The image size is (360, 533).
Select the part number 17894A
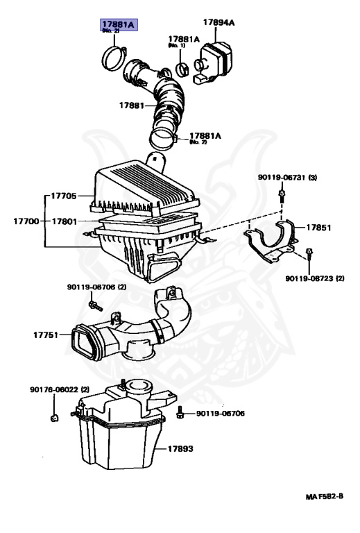coord(218,23)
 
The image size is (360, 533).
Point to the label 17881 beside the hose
coord(130,106)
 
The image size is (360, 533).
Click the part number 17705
coord(64,196)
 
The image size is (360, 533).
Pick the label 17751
coord(47,335)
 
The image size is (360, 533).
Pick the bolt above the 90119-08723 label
coord(308,260)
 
